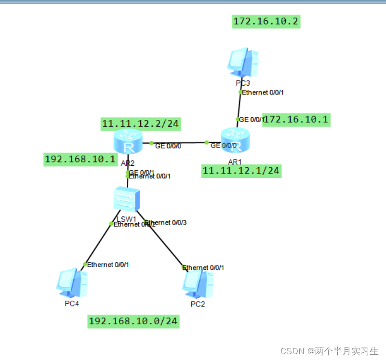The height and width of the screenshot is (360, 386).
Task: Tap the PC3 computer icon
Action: [x=243, y=63]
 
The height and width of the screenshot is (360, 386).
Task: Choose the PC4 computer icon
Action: [x=72, y=283]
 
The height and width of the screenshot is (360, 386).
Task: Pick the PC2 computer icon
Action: [x=198, y=284]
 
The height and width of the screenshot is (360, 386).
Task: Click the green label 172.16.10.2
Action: [x=266, y=21]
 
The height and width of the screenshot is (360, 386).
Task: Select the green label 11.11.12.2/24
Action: [x=140, y=124]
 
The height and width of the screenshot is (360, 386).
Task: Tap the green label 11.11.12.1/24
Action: [x=241, y=171]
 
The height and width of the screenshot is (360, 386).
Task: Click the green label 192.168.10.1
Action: [x=80, y=159]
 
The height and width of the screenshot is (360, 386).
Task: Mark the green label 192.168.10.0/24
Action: [x=133, y=321]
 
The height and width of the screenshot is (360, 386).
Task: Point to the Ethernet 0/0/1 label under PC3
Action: [x=263, y=92]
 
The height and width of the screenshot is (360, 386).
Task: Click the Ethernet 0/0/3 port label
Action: [x=166, y=223]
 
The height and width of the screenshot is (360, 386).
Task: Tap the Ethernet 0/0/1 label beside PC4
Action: [x=108, y=265]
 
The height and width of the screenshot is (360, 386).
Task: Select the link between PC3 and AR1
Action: [x=239, y=106]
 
